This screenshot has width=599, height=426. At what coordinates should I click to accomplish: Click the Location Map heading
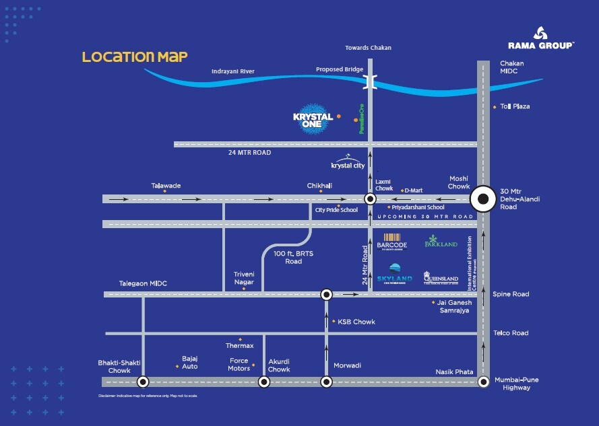point(135,57)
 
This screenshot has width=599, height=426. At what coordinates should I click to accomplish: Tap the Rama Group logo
point(541,38)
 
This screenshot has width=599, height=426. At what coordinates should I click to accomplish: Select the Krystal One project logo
point(313,119)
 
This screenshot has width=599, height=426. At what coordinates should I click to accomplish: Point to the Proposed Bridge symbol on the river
point(370,82)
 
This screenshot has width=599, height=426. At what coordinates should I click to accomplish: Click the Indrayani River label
point(232,71)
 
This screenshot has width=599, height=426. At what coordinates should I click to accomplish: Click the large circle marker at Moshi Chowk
point(483,199)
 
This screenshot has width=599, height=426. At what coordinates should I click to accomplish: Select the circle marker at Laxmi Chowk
point(370,199)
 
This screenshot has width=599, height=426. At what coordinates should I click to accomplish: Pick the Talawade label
point(166,186)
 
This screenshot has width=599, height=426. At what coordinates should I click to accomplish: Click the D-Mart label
point(412,190)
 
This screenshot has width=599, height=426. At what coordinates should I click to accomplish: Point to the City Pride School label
point(336,210)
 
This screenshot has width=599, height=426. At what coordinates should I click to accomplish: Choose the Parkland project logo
point(441,242)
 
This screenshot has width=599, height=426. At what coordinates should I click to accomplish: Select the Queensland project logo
point(441,276)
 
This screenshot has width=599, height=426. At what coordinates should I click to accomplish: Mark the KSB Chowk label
point(356,322)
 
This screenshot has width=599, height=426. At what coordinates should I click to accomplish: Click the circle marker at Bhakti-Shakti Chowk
point(143,382)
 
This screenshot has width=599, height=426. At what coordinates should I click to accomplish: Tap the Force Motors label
point(239,364)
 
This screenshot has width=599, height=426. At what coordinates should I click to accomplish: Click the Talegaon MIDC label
point(143,283)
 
